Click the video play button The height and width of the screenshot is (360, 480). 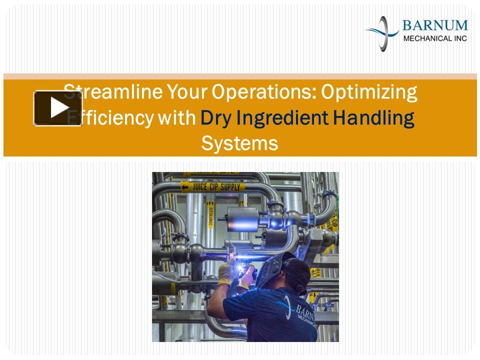click(58, 108)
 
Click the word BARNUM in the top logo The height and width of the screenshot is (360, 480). click(435, 25)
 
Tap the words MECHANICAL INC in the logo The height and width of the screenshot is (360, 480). click(434, 37)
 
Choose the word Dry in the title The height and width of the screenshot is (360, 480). click(216, 118)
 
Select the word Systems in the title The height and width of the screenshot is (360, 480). click(239, 144)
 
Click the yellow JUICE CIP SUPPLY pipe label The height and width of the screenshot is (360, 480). click(212, 187)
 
